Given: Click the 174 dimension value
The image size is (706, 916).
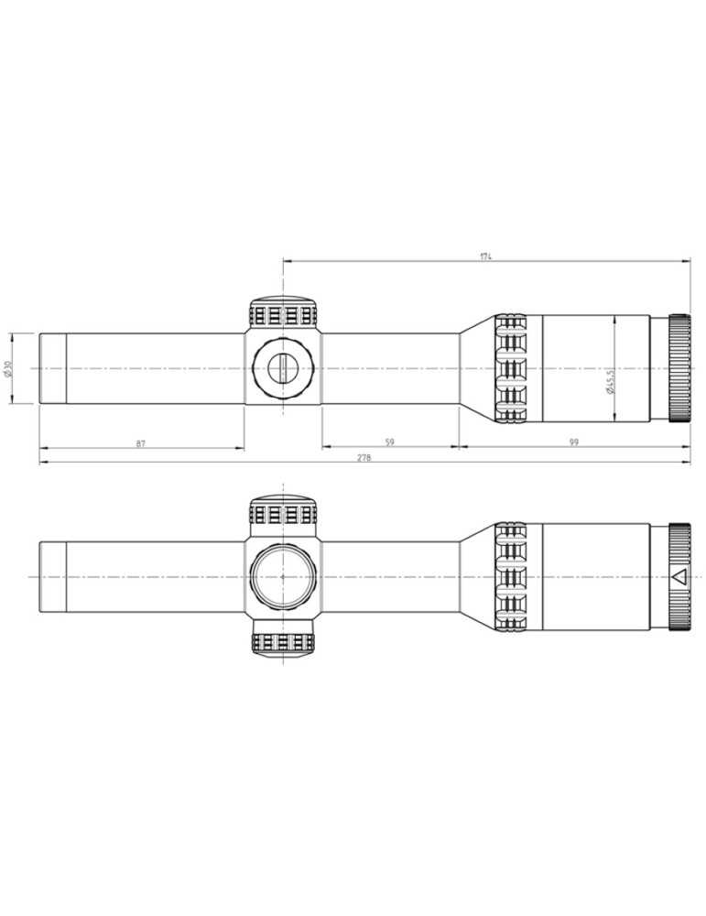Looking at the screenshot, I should (x=485, y=256).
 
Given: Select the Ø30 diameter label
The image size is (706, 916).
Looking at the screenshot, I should (x=8, y=368).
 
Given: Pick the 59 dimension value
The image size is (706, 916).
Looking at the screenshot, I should (x=389, y=442).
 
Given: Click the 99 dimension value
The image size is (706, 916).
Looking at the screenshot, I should (x=573, y=442).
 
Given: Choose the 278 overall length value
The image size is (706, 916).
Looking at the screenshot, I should (x=364, y=458).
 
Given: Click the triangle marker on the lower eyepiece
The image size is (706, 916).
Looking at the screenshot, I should (x=679, y=577).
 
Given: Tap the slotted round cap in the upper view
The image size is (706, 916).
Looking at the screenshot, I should (x=283, y=368).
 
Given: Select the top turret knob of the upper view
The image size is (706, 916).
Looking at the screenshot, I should (x=283, y=313).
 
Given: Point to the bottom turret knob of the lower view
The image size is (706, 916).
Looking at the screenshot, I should (x=283, y=641).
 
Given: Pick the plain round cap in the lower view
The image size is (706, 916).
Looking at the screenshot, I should (x=283, y=577).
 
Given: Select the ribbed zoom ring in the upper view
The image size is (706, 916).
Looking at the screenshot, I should (x=512, y=368).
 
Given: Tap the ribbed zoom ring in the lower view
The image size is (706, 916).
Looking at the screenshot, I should (x=512, y=577).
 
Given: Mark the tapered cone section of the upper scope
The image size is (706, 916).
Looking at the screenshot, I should (x=476, y=368).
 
